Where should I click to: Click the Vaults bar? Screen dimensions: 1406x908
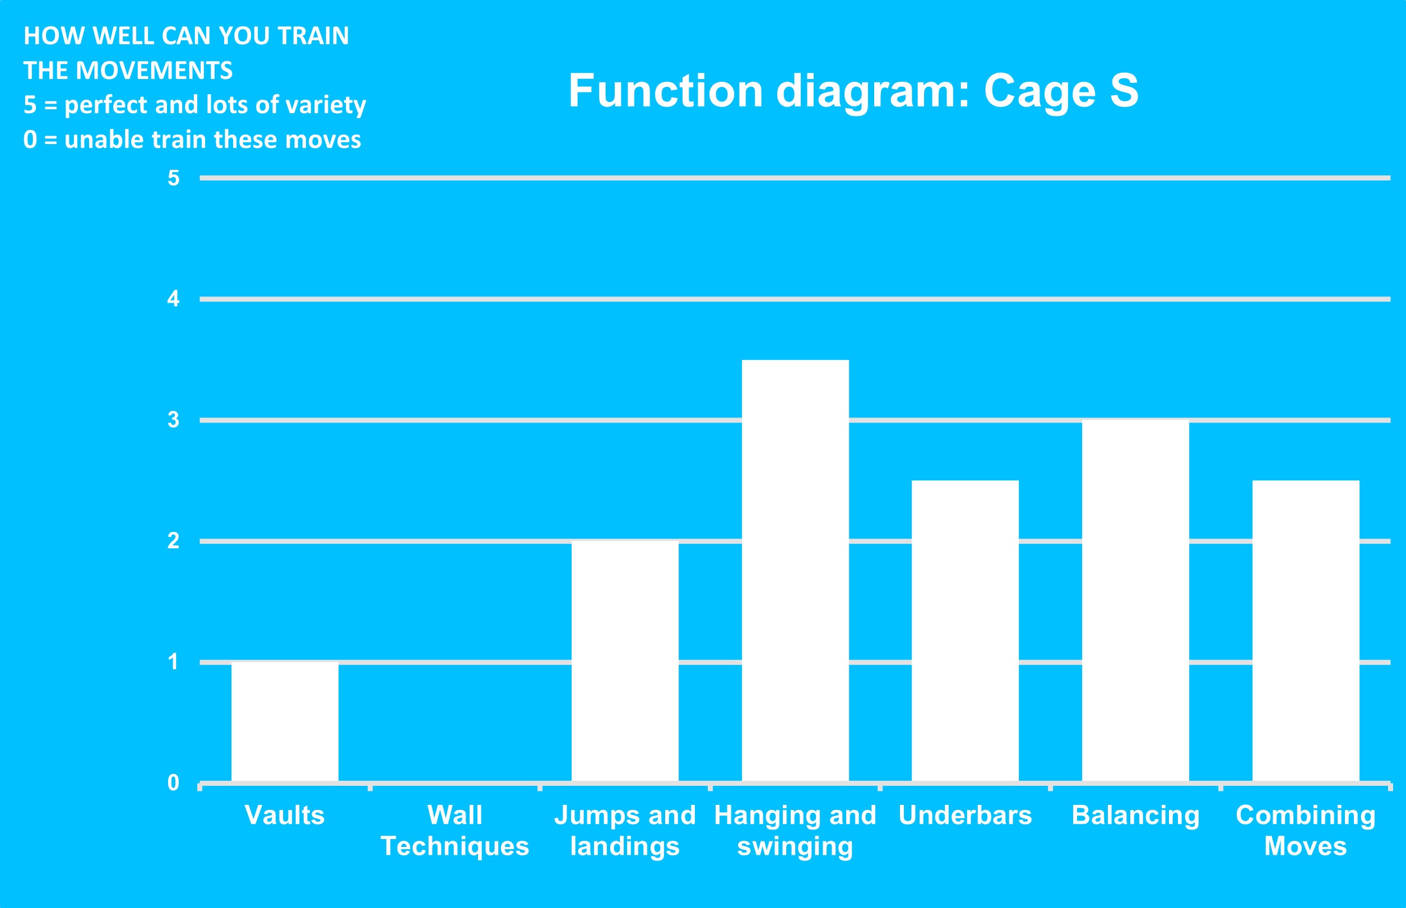(x=285, y=722)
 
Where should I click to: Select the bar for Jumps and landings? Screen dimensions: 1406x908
(x=625, y=661)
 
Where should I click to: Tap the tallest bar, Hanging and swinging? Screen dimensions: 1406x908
(x=795, y=571)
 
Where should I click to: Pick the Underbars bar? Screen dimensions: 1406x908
(x=965, y=631)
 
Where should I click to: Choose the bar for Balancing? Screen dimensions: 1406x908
(x=1135, y=601)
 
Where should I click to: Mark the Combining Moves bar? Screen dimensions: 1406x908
(x=1306, y=631)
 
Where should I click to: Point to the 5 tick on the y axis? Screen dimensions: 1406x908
(x=173, y=178)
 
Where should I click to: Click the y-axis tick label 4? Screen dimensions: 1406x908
(x=173, y=299)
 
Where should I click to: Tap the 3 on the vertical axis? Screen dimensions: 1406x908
(x=173, y=420)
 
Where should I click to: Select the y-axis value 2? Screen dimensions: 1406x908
(x=173, y=541)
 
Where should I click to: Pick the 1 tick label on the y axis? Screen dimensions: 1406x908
(x=173, y=661)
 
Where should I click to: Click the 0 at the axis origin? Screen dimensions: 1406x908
(x=173, y=782)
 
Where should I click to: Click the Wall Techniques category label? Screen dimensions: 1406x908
(x=454, y=831)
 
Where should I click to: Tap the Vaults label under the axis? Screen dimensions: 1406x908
(x=285, y=816)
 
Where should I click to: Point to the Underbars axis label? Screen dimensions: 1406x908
(x=965, y=816)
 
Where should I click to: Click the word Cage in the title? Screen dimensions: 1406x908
(x=1041, y=92)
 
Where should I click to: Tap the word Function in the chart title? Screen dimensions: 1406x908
(x=666, y=91)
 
